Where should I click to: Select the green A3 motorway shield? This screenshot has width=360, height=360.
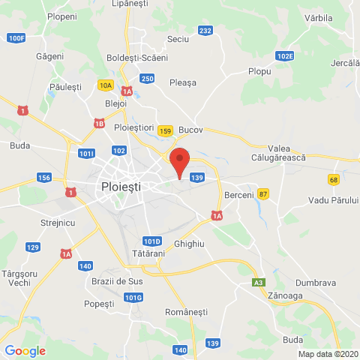[258, 282]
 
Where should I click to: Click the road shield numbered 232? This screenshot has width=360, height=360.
[205, 30]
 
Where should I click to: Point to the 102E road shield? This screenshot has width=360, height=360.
[284, 55]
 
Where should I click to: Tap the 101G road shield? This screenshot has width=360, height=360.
[133, 298]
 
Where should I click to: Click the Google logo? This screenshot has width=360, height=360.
[25, 350]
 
